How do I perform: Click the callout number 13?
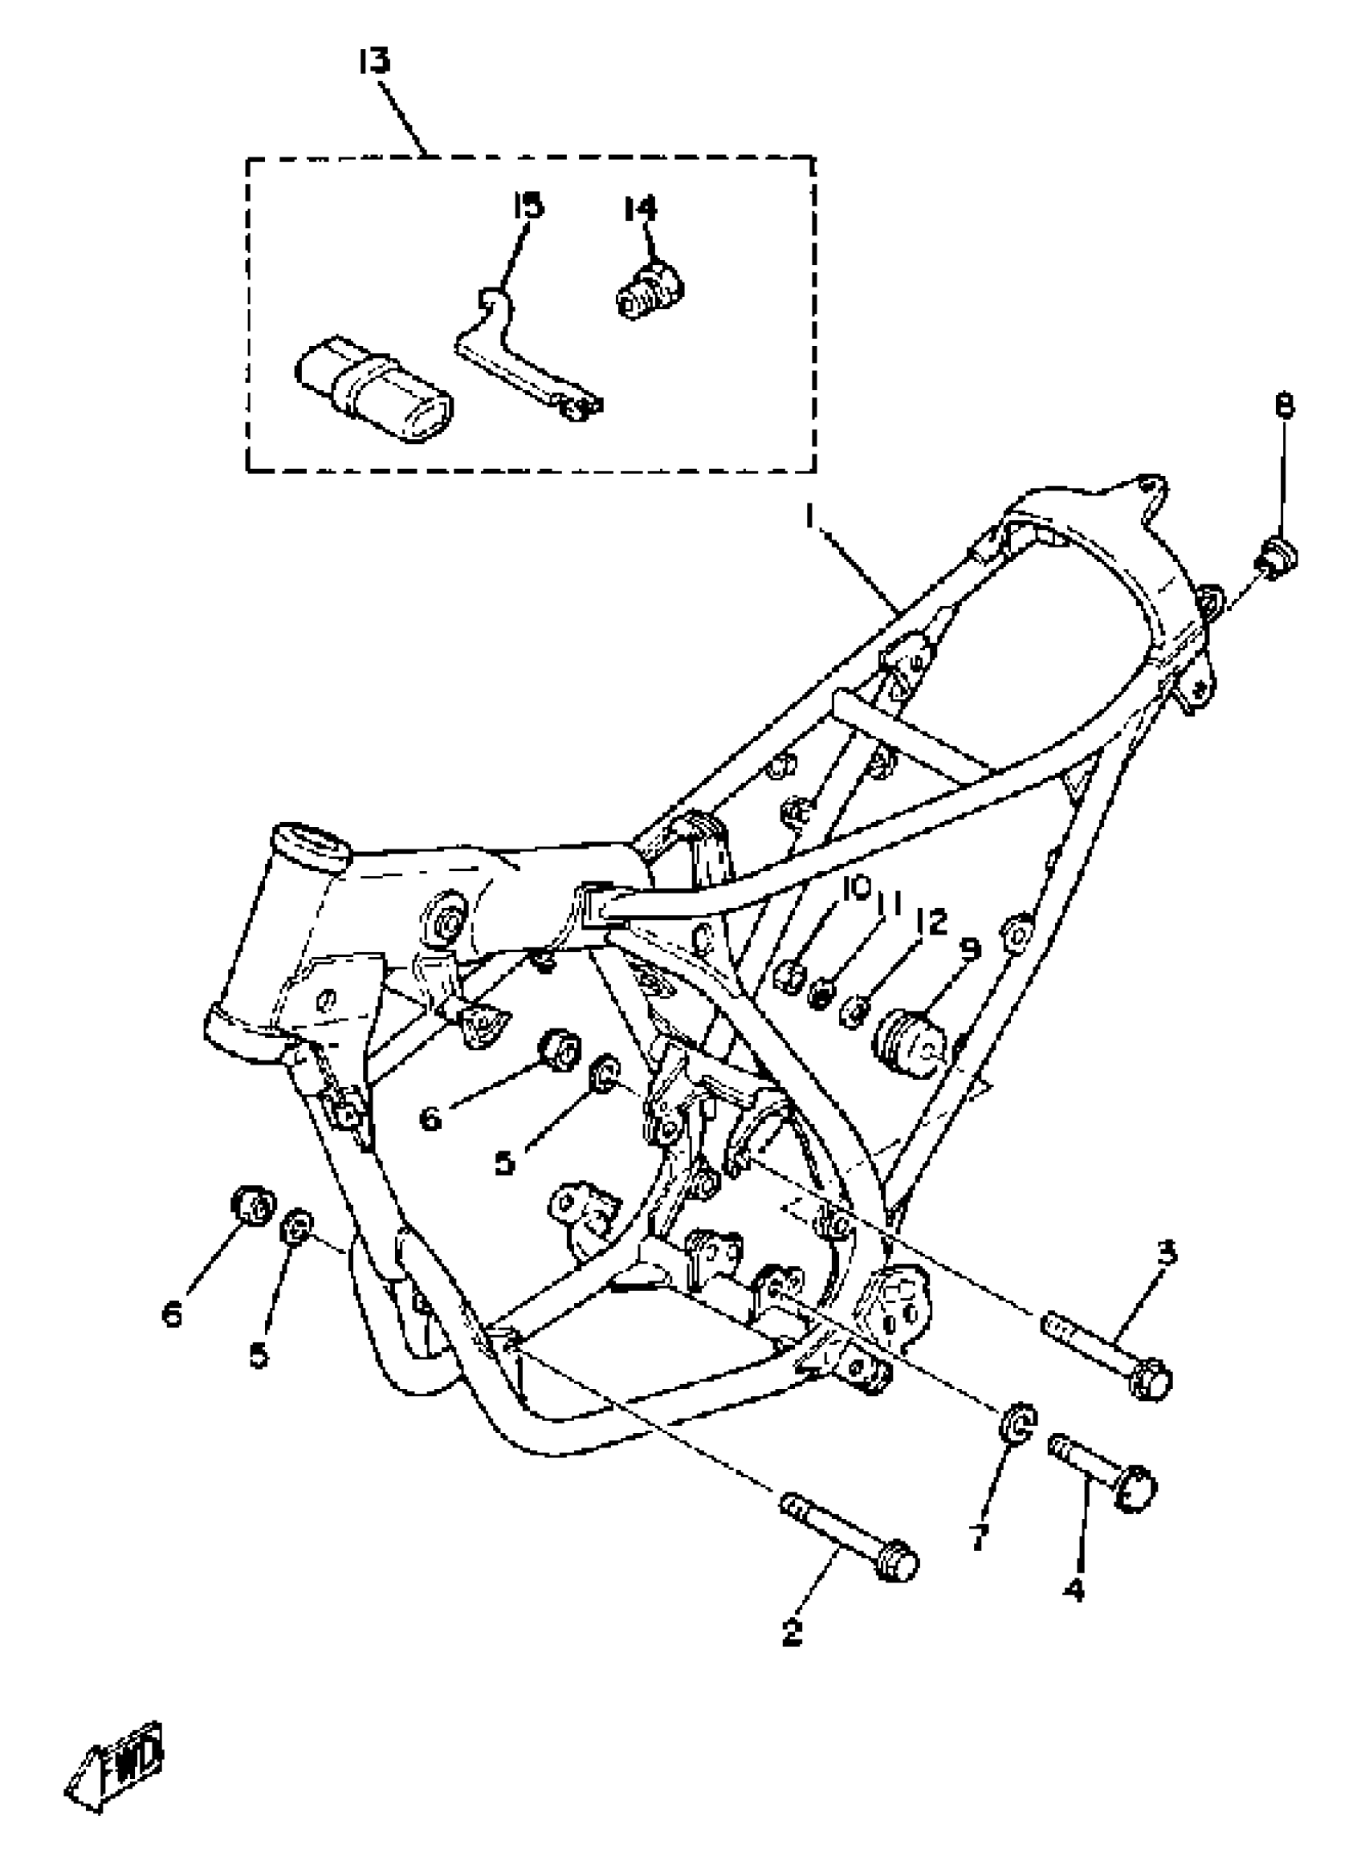pos(374,62)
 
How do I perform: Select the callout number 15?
pos(529,205)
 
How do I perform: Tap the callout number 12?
pos(931,922)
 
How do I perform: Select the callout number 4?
pos(1074,1587)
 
